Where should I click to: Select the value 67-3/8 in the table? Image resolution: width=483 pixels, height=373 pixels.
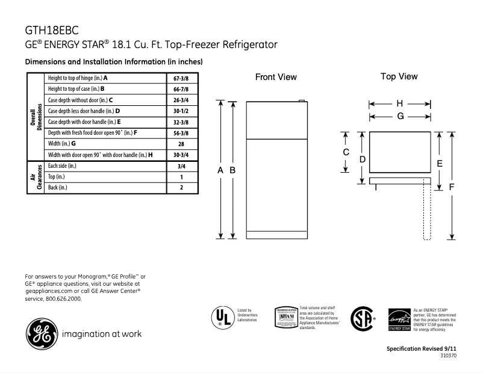coord(181,78)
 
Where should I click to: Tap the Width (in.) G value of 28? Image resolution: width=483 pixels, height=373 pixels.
coord(181,143)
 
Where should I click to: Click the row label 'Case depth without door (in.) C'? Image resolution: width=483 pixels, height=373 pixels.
coord(81,100)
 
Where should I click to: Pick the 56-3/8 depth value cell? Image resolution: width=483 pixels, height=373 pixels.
coord(181,132)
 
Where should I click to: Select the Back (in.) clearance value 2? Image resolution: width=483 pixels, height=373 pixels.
coord(181,187)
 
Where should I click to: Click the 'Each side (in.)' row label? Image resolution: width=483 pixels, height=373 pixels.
coord(62,165)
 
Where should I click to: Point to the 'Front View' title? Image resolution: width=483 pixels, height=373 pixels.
coord(276,77)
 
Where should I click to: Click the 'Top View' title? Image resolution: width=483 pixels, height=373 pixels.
coord(399,76)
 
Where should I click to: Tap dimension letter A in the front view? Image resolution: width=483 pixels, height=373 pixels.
coord(220,171)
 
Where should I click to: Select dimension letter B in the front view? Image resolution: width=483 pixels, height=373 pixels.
coord(232,171)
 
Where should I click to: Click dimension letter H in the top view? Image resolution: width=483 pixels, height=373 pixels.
coord(399,103)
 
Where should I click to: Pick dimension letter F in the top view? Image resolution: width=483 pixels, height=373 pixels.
coord(452,186)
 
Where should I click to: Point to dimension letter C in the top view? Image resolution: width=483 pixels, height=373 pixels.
coord(346,152)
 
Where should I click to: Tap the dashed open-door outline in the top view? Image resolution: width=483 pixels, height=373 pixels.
coord(427,211)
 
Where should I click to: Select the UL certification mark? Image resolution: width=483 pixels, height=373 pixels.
coord(222,316)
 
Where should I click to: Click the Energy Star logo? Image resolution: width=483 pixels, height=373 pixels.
coord(399,319)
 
